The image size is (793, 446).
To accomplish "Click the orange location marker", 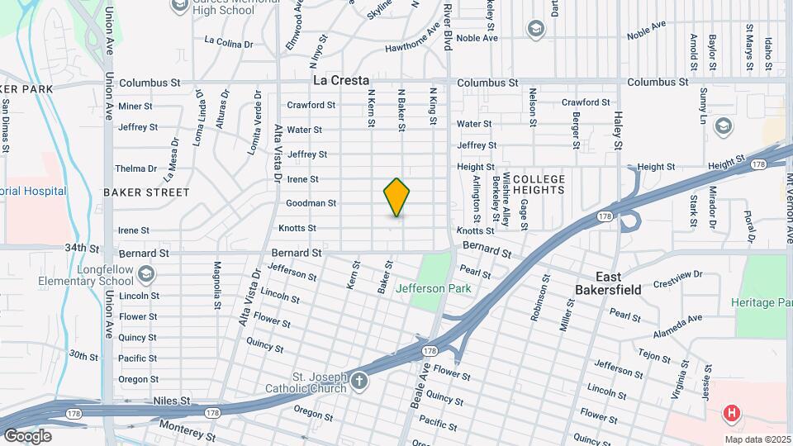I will [396, 197].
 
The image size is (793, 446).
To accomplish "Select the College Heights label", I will [539, 185].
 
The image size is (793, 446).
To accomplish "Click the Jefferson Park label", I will [433, 288].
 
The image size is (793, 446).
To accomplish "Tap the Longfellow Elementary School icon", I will [146, 273].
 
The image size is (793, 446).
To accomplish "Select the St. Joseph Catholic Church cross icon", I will [359, 382].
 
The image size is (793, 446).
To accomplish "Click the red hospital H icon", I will [730, 413].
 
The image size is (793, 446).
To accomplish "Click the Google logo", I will [27, 435].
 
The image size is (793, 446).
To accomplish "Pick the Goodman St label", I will [311, 203].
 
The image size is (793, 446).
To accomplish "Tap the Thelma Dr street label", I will [136, 168].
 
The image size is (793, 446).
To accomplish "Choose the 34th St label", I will [83, 248].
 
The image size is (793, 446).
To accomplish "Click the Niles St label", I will [172, 401].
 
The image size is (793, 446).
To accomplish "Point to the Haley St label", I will [617, 132].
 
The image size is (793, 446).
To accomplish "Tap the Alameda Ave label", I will [678, 320].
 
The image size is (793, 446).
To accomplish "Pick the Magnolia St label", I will [218, 282].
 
